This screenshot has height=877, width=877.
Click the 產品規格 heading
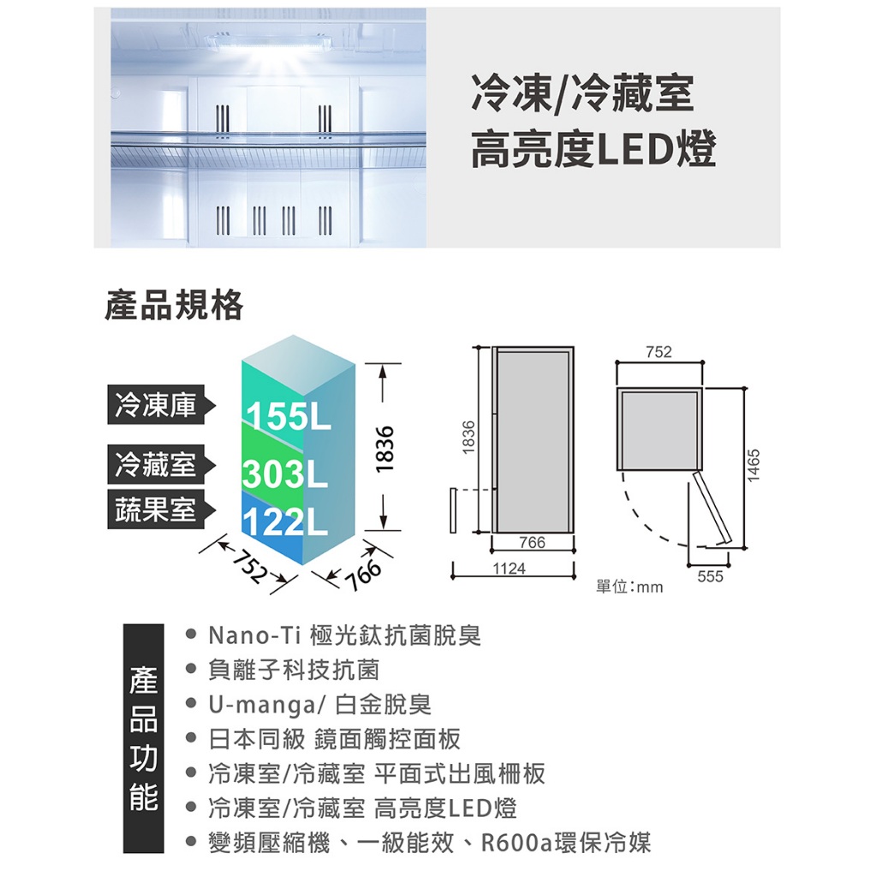174,305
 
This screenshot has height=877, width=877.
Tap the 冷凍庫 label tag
156,405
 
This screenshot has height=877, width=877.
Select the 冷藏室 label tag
156,465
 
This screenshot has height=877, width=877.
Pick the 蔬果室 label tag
156,510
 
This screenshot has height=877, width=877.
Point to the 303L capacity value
284,474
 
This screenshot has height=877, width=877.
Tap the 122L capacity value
284,522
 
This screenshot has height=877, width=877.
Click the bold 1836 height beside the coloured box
386,445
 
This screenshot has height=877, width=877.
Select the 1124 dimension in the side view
510,568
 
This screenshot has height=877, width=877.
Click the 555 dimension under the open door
711,577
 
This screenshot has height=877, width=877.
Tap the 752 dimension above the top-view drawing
659,352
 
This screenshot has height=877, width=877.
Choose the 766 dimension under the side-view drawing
531,543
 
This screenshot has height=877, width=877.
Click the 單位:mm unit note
629,588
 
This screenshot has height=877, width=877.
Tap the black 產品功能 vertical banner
144,738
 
